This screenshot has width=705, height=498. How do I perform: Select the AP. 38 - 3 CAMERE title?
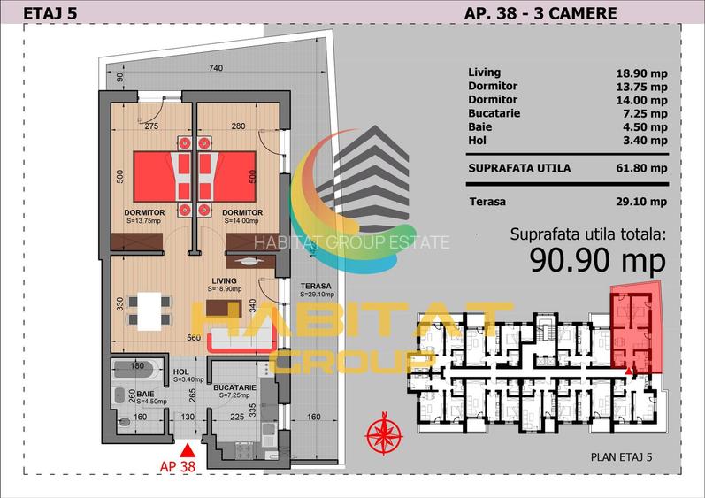click(x=540, y=12)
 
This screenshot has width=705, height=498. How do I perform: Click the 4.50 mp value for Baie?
click(x=645, y=126)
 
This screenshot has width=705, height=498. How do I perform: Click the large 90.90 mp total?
click(x=597, y=259)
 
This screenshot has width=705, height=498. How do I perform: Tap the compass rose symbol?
click(x=383, y=433)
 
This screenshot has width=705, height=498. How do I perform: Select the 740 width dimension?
click(x=215, y=69)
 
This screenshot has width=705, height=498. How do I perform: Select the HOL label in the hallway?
click(x=181, y=372)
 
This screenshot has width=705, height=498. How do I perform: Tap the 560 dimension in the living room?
click(x=193, y=337)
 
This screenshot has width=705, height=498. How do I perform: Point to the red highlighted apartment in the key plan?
click(x=637, y=327)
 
